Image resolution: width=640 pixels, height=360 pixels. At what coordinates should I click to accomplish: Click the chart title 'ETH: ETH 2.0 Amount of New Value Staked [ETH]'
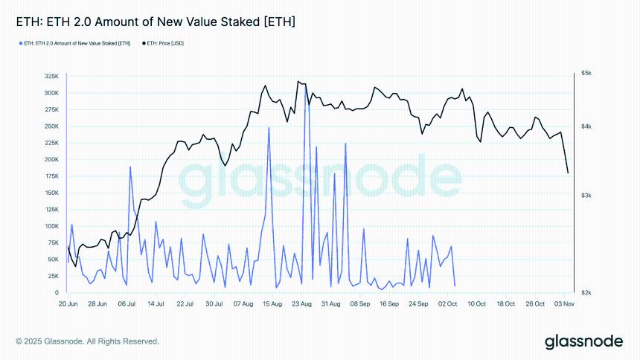tap(156, 23)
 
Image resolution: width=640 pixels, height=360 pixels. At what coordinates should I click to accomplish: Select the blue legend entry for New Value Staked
tap(75, 44)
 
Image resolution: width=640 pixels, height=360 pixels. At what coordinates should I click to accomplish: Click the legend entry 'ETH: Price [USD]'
tap(163, 44)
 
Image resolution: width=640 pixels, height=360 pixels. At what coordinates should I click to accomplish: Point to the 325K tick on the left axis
tap(52, 77)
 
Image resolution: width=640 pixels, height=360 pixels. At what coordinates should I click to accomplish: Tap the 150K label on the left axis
tap(52, 193)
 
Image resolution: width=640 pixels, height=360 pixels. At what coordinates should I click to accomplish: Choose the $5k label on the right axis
tap(586, 73)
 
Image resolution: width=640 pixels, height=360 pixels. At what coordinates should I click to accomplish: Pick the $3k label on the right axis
tap(586, 195)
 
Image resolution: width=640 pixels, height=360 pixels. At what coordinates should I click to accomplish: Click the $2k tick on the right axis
tap(586, 292)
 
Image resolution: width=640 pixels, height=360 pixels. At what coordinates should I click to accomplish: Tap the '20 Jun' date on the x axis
tap(68, 303)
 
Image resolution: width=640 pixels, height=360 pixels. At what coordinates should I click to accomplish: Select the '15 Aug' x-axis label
tap(272, 303)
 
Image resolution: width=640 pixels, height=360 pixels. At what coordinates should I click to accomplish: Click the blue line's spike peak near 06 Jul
tap(130, 167)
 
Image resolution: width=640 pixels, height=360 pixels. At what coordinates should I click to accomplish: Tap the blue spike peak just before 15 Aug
tap(269, 128)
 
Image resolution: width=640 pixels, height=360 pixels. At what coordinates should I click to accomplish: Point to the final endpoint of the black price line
tap(568, 173)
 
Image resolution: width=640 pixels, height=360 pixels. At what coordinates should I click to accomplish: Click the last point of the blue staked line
tap(455, 286)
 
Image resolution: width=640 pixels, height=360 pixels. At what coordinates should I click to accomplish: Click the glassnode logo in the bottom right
tap(583, 342)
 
